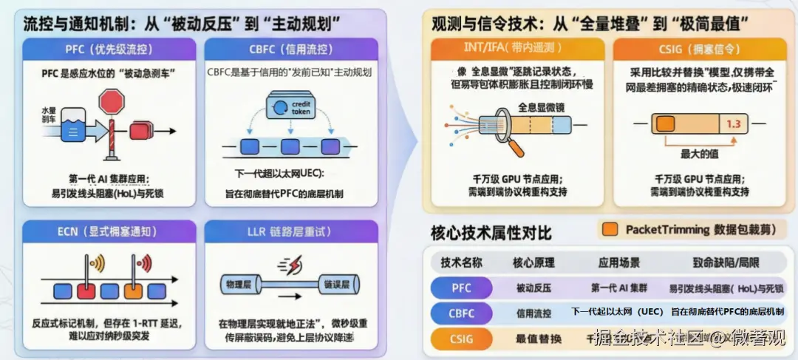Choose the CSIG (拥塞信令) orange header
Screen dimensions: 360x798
[697, 50]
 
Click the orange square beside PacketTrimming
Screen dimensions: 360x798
[610, 229]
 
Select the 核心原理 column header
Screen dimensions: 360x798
[532, 262]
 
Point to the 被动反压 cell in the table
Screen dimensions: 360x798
[532, 288]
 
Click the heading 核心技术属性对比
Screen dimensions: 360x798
[491, 234]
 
